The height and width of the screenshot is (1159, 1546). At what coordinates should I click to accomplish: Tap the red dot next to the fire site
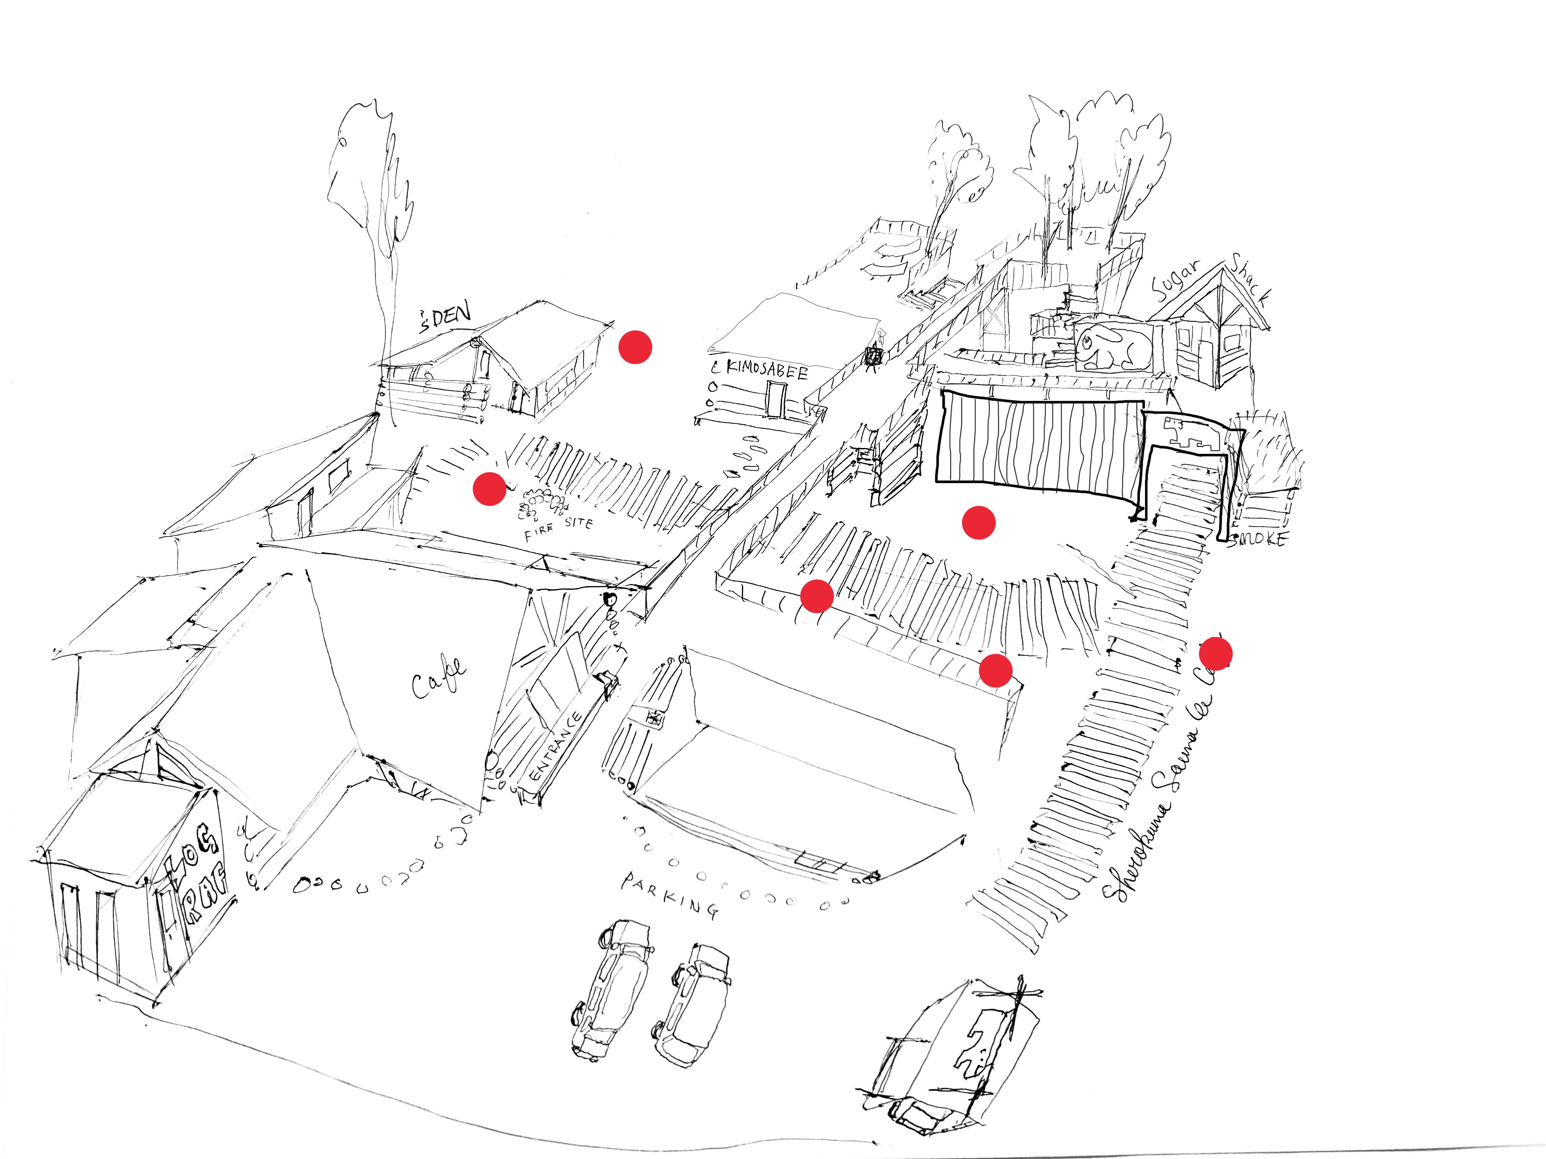[x=489, y=488]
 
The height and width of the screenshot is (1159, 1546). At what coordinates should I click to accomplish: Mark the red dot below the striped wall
[x=979, y=522]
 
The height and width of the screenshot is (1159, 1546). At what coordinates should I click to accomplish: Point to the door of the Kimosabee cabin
[x=775, y=399]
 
